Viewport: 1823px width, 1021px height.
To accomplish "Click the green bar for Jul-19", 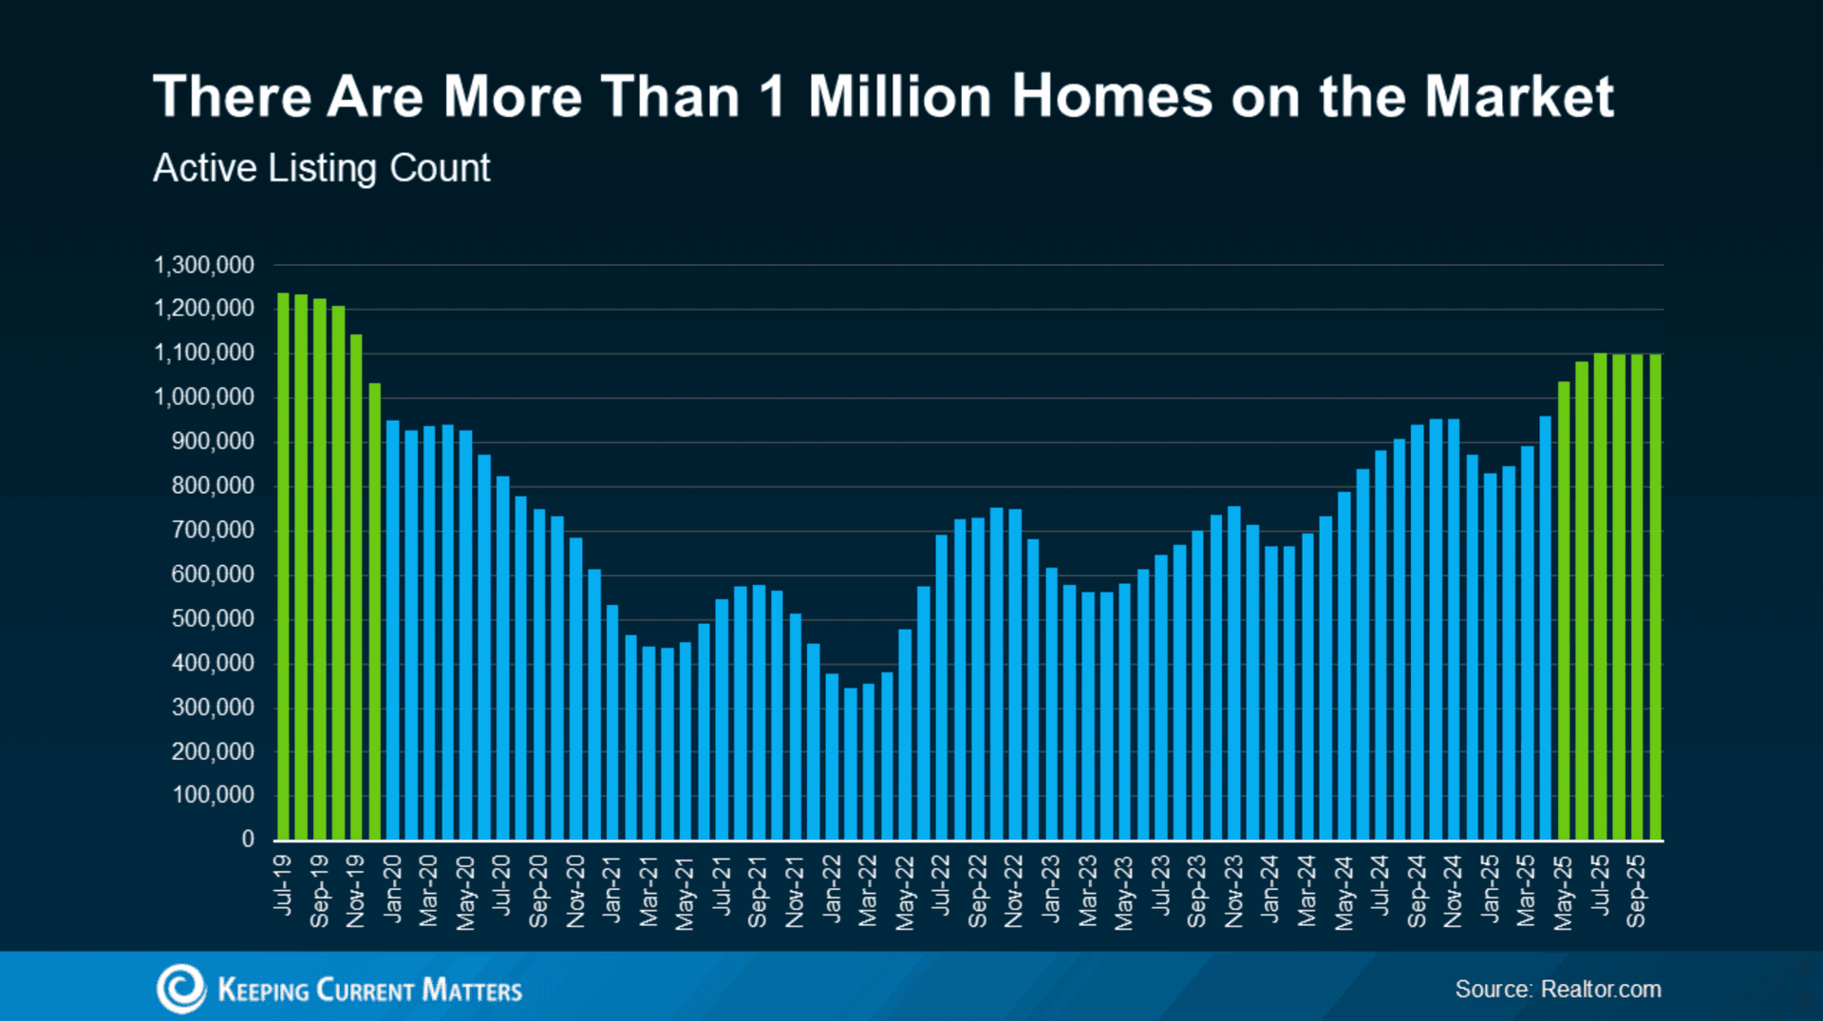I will coord(283,570).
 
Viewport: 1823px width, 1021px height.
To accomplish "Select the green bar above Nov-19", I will coord(356,589).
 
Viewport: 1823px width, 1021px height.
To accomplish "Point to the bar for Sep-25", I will coord(1637,598).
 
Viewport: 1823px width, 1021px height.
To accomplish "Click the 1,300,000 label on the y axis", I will coord(204,265).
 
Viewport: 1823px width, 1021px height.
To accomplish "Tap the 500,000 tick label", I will coord(213,618).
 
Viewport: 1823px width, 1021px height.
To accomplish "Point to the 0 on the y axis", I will coord(248,839).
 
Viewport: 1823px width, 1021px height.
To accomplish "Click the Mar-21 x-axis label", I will coord(648,891).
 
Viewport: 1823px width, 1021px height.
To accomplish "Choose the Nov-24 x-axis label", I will coord(1453,891).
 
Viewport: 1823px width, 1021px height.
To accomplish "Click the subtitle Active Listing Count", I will coord(321,168).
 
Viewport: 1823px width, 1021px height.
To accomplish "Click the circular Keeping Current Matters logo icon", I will coord(180,989).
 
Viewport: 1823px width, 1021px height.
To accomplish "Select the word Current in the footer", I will coord(365,990).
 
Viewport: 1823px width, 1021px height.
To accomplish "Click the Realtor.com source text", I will coord(1601,989).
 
